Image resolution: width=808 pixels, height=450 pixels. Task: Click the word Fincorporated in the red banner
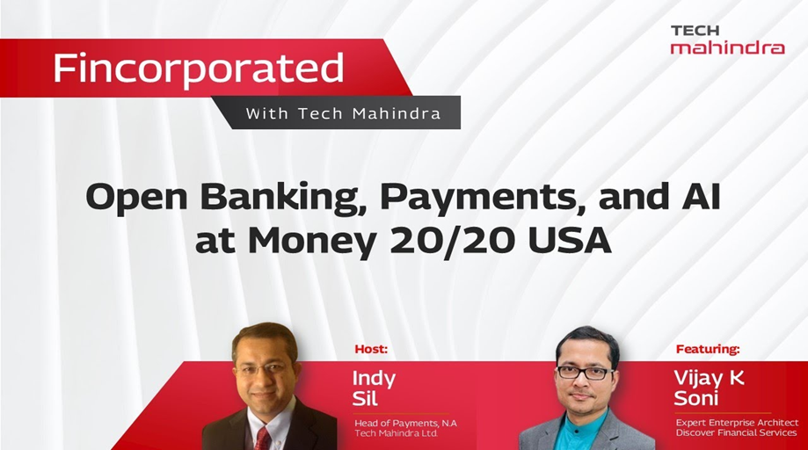(x=199, y=69)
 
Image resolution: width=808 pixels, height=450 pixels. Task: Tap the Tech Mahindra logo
(x=727, y=40)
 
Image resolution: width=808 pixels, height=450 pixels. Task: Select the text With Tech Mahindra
(x=343, y=113)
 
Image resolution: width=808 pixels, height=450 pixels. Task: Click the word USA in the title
(x=570, y=240)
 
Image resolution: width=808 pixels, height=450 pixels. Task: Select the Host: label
(x=371, y=349)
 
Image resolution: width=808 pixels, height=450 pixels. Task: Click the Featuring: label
(x=708, y=349)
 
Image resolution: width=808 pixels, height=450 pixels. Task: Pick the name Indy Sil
(x=375, y=388)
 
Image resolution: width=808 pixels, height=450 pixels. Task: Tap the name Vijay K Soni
(x=709, y=388)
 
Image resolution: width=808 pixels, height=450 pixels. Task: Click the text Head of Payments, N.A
(x=405, y=424)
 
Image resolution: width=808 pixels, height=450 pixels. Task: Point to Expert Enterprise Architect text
(x=737, y=423)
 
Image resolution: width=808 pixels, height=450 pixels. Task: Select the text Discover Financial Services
(x=737, y=433)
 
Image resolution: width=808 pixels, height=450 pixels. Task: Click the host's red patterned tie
(x=262, y=439)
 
